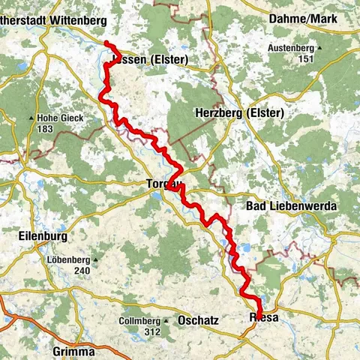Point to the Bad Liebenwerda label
(291, 205)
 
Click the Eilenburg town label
(42, 235)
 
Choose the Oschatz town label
(199, 320)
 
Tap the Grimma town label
(73, 351)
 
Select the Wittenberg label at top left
(53, 21)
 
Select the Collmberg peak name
(140, 321)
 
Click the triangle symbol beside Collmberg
(167, 321)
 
